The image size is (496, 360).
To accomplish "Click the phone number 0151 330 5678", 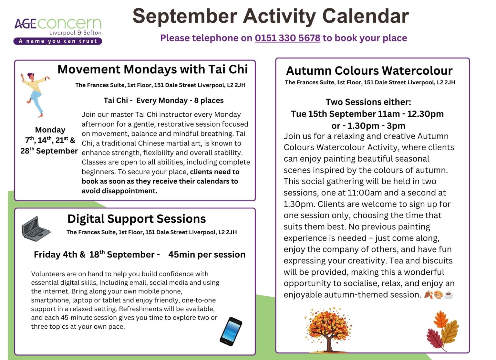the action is click(x=287, y=38).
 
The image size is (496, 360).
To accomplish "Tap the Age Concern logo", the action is click(x=58, y=31).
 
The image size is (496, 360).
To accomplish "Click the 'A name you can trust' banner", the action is click(x=58, y=41).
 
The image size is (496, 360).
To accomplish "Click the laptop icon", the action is click(x=36, y=229).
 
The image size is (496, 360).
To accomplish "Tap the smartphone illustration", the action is click(x=231, y=332).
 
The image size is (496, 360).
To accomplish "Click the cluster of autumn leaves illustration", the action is click(x=442, y=331).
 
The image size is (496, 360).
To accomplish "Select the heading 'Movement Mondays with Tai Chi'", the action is click(x=152, y=69).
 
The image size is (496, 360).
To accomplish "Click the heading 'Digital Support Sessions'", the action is click(x=137, y=219).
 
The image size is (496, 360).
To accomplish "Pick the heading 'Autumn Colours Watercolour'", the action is click(x=369, y=71).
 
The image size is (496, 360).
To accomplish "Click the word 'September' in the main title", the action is click(x=185, y=16).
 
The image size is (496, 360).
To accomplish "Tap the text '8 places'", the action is click(x=209, y=101).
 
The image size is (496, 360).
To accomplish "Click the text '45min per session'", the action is click(x=207, y=255).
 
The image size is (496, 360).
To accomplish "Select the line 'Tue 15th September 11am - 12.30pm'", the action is click(x=367, y=114).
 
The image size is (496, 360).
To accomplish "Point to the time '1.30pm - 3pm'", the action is click(x=377, y=126).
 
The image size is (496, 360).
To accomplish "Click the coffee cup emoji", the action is click(x=449, y=295).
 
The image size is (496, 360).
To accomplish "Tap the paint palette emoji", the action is click(x=439, y=295).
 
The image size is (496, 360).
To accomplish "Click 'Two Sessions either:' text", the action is click(x=368, y=102).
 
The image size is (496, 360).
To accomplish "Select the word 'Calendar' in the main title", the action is click(x=366, y=16).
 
